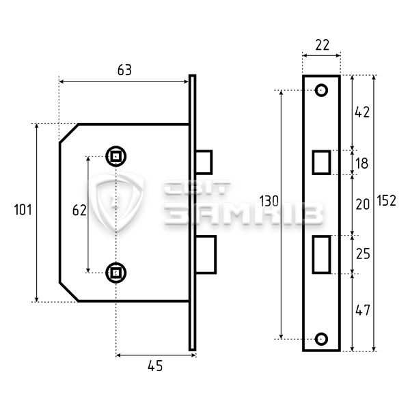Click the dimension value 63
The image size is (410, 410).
point(124,70)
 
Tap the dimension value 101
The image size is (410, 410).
point(23,210)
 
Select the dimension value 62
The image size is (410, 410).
point(79,210)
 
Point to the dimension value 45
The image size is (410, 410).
point(155,366)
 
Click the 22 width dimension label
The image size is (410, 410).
point(322,45)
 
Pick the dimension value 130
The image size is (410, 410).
point(269,201)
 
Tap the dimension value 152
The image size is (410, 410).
point(387,200)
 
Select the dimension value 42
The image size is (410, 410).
point(362,112)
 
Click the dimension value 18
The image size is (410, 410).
point(362,163)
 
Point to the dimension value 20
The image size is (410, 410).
point(363,204)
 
